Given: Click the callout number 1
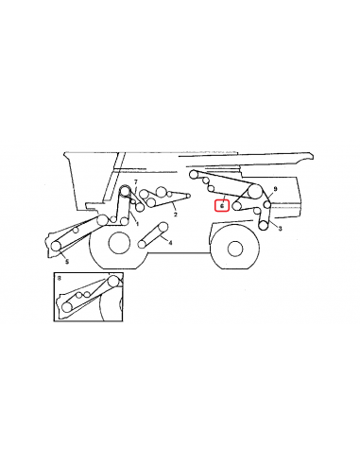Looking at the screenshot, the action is (x=137, y=224).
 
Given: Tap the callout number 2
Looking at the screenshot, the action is (x=176, y=215).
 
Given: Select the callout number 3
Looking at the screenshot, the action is (x=280, y=229).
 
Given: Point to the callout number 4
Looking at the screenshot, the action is (x=170, y=243).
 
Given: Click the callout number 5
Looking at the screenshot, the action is (x=67, y=262).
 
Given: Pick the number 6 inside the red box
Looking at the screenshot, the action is (x=222, y=206).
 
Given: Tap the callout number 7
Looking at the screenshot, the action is (x=136, y=182).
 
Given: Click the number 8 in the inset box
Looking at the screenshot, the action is (x=60, y=278).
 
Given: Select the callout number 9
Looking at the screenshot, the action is (x=275, y=189).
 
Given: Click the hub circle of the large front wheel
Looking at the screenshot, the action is (x=119, y=243).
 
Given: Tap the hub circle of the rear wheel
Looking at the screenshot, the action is (x=235, y=249).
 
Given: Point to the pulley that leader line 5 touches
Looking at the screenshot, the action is (x=56, y=246).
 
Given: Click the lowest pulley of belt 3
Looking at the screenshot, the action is (x=264, y=226).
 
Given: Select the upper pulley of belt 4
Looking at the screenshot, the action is (x=163, y=227).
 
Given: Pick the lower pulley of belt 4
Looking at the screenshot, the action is (x=143, y=244).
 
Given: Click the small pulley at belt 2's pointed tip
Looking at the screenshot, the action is (x=188, y=196).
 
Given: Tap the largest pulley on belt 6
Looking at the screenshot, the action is (x=255, y=191).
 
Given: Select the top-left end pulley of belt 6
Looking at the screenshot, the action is (x=194, y=174).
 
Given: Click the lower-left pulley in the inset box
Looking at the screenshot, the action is (x=66, y=307).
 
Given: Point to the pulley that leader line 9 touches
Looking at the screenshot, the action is (x=267, y=205).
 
